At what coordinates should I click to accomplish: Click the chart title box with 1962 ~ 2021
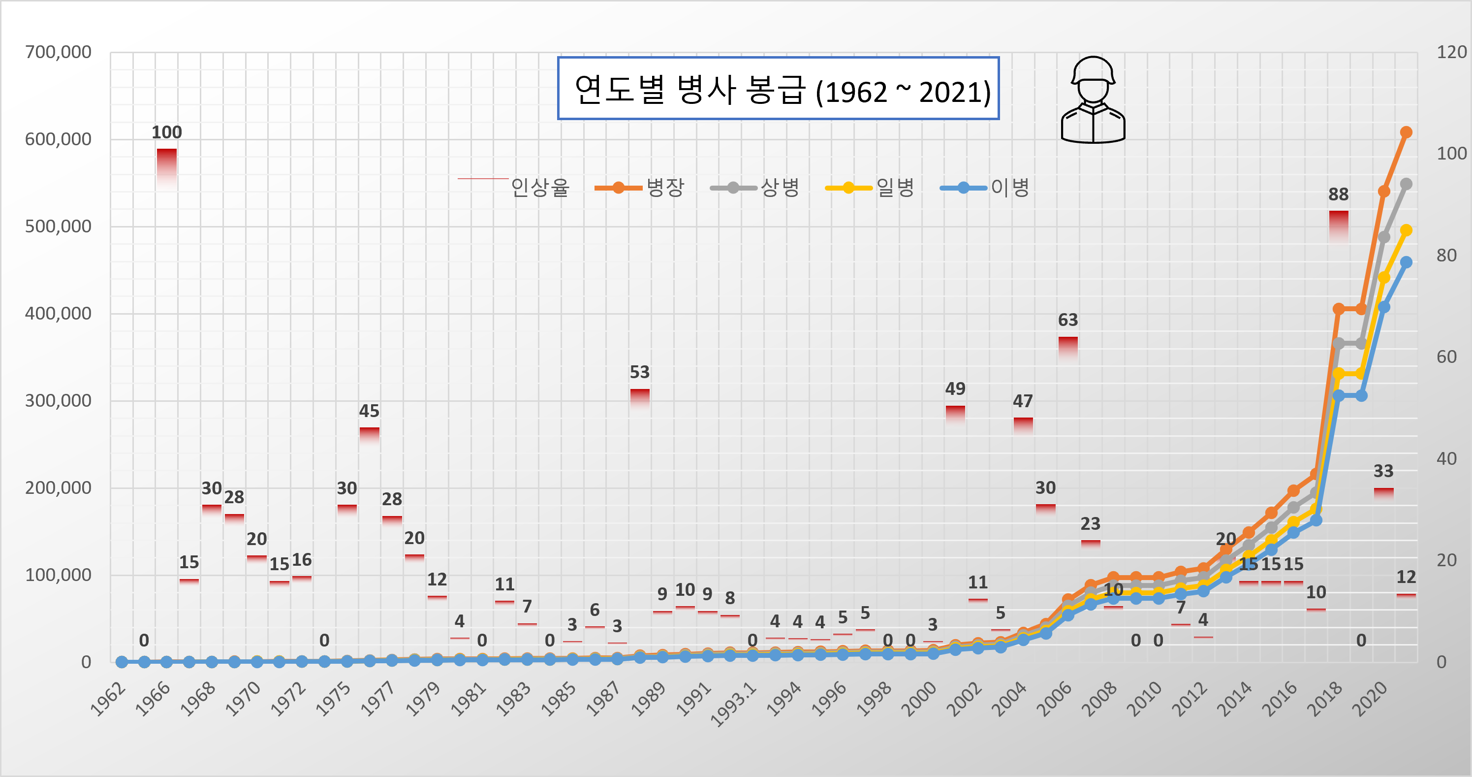(778, 89)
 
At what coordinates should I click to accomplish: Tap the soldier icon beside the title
(1093, 100)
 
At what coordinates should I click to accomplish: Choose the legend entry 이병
(985, 188)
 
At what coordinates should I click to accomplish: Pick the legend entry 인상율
(514, 187)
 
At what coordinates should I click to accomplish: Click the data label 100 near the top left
(166, 132)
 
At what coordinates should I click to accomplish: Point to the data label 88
(1338, 194)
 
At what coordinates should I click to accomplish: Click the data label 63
(1067, 320)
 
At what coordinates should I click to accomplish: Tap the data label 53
(639, 372)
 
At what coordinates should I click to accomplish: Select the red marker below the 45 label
(369, 433)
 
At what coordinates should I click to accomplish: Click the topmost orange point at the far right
(1406, 132)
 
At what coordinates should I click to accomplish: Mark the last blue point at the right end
(1406, 262)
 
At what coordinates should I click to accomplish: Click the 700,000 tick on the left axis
(58, 52)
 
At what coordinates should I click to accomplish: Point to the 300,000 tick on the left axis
(58, 400)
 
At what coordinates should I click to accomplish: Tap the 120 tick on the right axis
(1451, 52)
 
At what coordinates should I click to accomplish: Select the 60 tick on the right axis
(1446, 357)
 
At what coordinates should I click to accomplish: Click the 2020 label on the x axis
(1369, 699)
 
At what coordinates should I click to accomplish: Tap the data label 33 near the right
(1383, 471)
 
